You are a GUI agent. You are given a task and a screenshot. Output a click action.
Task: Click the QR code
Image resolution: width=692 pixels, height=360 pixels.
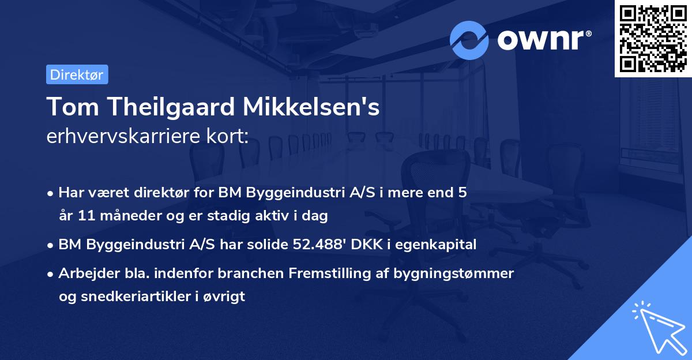(x=653, y=39)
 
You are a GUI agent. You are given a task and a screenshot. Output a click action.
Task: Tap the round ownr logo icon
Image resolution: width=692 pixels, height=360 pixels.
(x=469, y=40)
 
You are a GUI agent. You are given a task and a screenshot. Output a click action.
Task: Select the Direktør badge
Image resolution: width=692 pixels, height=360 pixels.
(x=77, y=74)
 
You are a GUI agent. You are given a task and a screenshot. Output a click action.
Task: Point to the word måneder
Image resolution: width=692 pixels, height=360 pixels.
(x=120, y=216)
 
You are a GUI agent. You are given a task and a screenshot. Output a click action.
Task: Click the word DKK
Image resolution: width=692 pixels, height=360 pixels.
(x=374, y=245)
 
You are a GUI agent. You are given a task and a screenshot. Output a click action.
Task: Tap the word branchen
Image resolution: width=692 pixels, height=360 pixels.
(x=242, y=273)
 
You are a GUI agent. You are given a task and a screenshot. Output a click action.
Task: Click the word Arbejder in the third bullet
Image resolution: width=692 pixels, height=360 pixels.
(x=84, y=273)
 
